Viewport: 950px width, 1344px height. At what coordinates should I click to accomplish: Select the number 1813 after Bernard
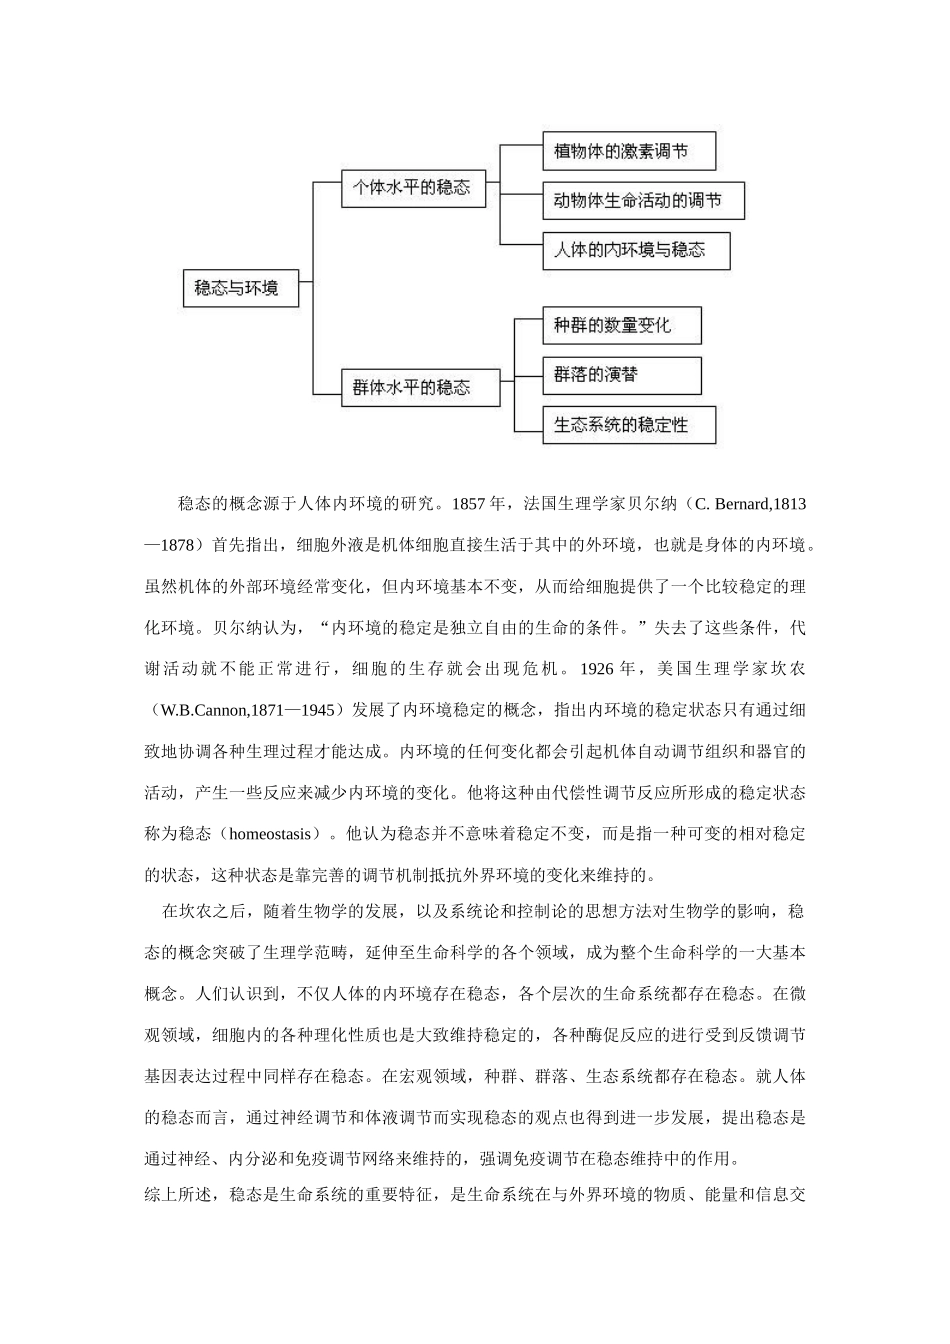click(790, 503)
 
